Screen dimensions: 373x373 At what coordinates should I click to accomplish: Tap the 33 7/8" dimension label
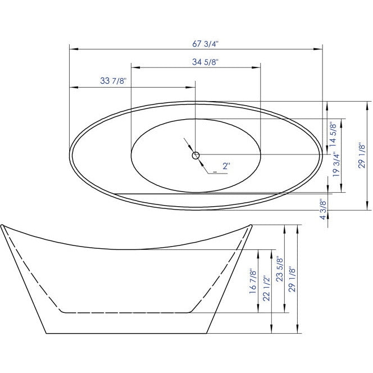(113, 81)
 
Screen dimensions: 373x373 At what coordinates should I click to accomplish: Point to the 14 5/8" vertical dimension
(333, 134)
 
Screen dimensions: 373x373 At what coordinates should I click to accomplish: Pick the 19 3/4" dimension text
(335, 165)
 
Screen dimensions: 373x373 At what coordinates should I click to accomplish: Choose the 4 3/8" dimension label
(323, 210)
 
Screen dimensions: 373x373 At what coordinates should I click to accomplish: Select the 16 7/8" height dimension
(252, 281)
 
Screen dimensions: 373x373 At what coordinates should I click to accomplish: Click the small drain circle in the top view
(195, 155)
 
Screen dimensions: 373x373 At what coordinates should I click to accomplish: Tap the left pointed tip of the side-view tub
(2, 226)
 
